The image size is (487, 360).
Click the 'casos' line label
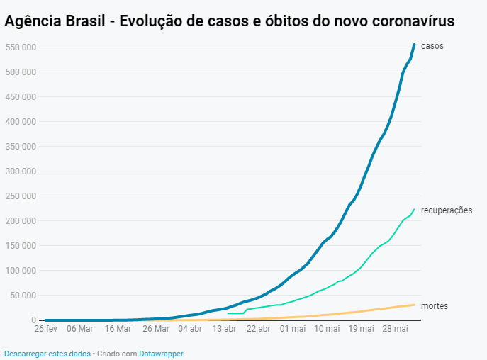click(x=432, y=47)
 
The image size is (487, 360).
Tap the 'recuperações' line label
click(x=446, y=210)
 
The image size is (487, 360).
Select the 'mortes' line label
click(x=434, y=306)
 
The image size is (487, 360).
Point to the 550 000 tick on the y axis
click(x=21, y=47)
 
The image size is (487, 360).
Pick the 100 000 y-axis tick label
click(x=21, y=271)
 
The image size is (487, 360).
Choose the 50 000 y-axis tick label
click(x=23, y=296)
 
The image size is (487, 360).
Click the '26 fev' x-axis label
click(x=45, y=330)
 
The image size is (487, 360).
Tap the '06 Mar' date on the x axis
click(x=79, y=330)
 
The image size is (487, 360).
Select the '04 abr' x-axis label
click(x=189, y=330)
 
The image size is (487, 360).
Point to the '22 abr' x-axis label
click(x=258, y=330)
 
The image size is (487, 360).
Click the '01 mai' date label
click(x=292, y=330)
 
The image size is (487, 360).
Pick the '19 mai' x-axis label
click(x=361, y=330)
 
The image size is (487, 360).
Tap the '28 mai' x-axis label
click(x=395, y=330)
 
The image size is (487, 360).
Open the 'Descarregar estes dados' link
click(x=47, y=353)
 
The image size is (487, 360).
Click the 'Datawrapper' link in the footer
click(x=161, y=353)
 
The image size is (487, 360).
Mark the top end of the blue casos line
click(x=414, y=45)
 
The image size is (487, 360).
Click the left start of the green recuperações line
click(x=228, y=313)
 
